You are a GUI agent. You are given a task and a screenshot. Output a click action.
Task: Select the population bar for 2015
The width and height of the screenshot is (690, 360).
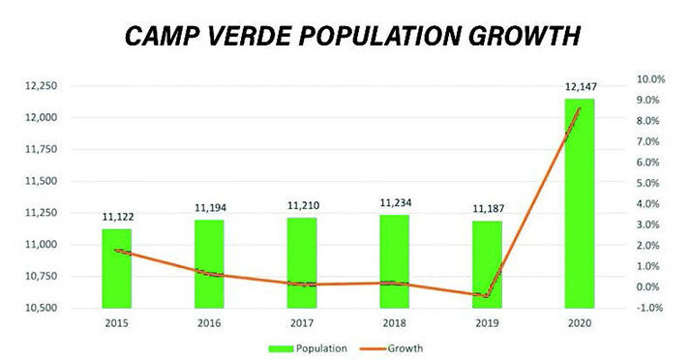pyautogui.click(x=117, y=268)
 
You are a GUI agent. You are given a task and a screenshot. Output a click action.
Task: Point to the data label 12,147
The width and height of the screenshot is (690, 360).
pyautogui.click(x=579, y=87)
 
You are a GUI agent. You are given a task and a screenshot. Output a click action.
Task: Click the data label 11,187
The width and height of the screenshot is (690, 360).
pyautogui.click(x=486, y=208)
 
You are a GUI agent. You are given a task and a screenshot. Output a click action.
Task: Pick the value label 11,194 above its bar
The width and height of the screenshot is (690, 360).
pyautogui.click(x=210, y=207)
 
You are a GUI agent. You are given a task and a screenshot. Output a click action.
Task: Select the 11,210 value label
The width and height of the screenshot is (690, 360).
pyautogui.click(x=302, y=205)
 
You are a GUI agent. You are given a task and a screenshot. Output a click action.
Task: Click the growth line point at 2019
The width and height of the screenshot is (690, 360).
pyautogui.click(x=486, y=295)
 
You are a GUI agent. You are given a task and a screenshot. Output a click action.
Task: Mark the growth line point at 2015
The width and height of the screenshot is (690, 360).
pyautogui.click(x=117, y=251)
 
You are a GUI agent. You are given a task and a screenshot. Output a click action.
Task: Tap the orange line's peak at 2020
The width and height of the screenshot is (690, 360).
pyautogui.click(x=579, y=108)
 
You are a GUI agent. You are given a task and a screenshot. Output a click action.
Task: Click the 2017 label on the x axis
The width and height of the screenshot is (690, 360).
pyautogui.click(x=302, y=323)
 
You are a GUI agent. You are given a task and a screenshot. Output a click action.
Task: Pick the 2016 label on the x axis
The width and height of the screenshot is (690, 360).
pyautogui.click(x=210, y=323)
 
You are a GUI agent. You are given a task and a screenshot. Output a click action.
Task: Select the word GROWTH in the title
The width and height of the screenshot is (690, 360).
pyautogui.click(x=517, y=36)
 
